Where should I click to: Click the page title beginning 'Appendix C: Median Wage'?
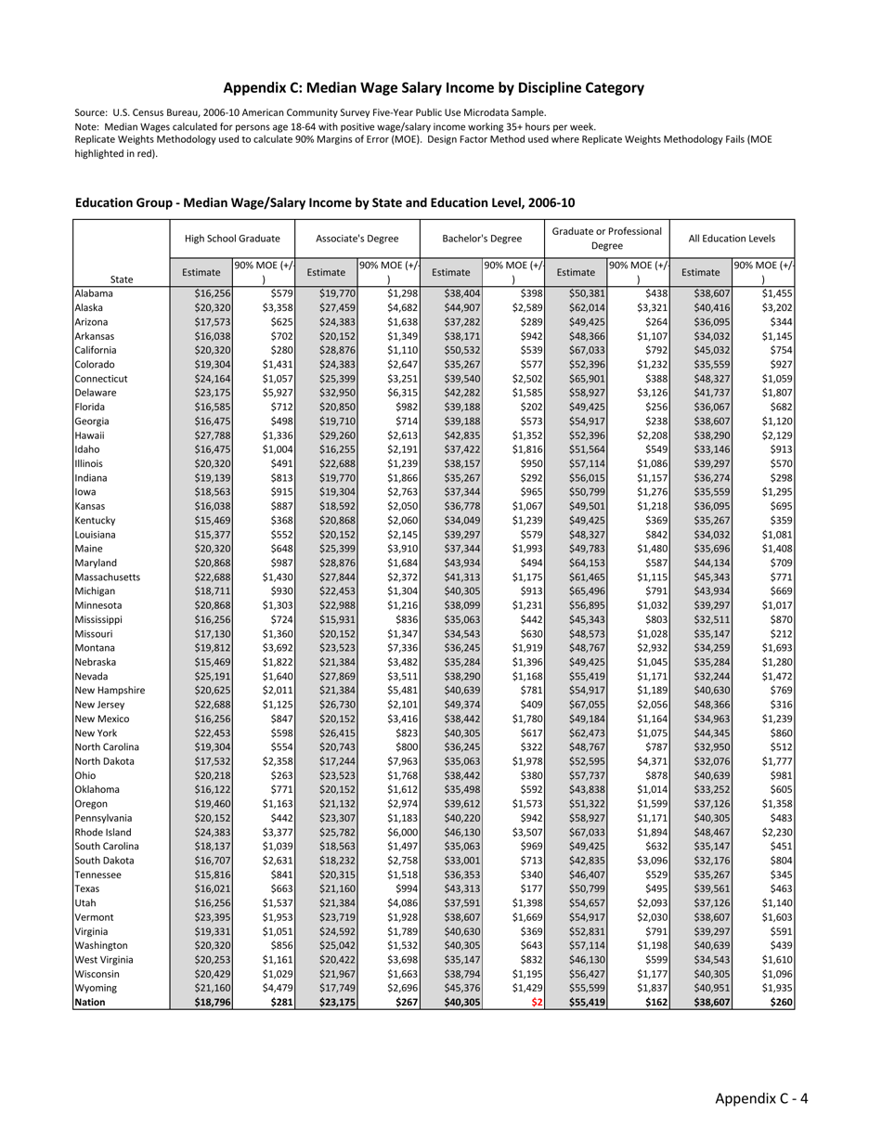point(434,88)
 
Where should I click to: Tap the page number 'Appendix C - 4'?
point(760,1098)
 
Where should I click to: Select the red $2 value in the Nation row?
point(537,1003)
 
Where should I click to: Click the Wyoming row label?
point(96,989)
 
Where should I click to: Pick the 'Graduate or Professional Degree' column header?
point(607,239)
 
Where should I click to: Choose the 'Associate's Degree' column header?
point(357,239)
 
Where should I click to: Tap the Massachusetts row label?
point(108,577)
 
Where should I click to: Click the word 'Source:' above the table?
point(92,112)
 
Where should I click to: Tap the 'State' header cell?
point(122,279)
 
